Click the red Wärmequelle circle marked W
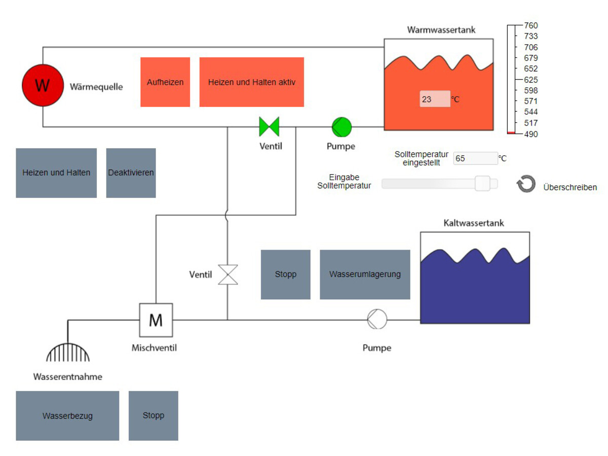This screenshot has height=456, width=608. [43, 85]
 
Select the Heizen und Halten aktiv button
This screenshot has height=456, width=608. [251, 82]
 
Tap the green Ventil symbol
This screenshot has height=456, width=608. [269, 126]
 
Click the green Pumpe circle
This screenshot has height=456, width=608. [341, 126]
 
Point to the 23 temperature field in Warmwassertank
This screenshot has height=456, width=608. [434, 99]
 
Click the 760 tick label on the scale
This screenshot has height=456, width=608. [531, 25]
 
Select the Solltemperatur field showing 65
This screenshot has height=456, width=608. [475, 158]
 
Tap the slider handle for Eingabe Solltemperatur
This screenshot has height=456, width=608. [483, 184]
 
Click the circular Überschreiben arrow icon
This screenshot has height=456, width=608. [526, 184]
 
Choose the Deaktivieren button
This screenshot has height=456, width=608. [131, 172]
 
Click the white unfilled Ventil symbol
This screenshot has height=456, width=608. [228, 274]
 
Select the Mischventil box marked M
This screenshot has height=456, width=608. [156, 320]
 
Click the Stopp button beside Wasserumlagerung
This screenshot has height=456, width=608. [285, 274]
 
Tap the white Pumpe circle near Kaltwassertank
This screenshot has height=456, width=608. [377, 320]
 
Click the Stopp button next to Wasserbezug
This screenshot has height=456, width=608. [153, 415]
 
